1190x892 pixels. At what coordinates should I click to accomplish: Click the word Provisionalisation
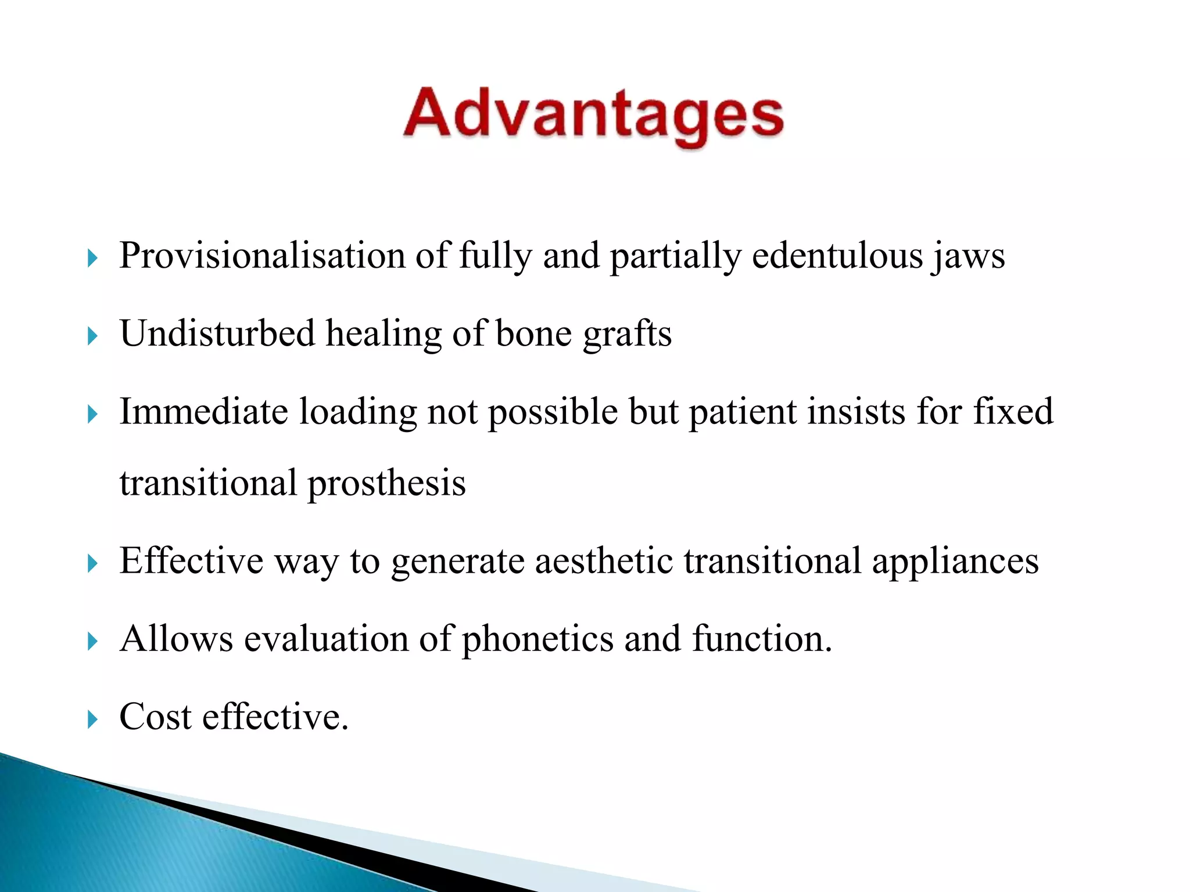tap(262, 256)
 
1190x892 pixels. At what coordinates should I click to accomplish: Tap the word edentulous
tap(837, 256)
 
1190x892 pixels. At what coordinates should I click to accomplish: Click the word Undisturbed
tap(217, 334)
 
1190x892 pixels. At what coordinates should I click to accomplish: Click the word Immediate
tap(203, 412)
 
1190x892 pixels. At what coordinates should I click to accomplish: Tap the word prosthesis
tap(386, 483)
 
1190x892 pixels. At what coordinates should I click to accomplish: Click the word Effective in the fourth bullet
tap(191, 561)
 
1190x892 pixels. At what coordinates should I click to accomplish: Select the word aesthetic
tap(604, 561)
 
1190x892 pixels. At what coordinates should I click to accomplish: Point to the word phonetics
tap(537, 639)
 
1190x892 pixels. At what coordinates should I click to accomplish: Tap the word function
tap(762, 639)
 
